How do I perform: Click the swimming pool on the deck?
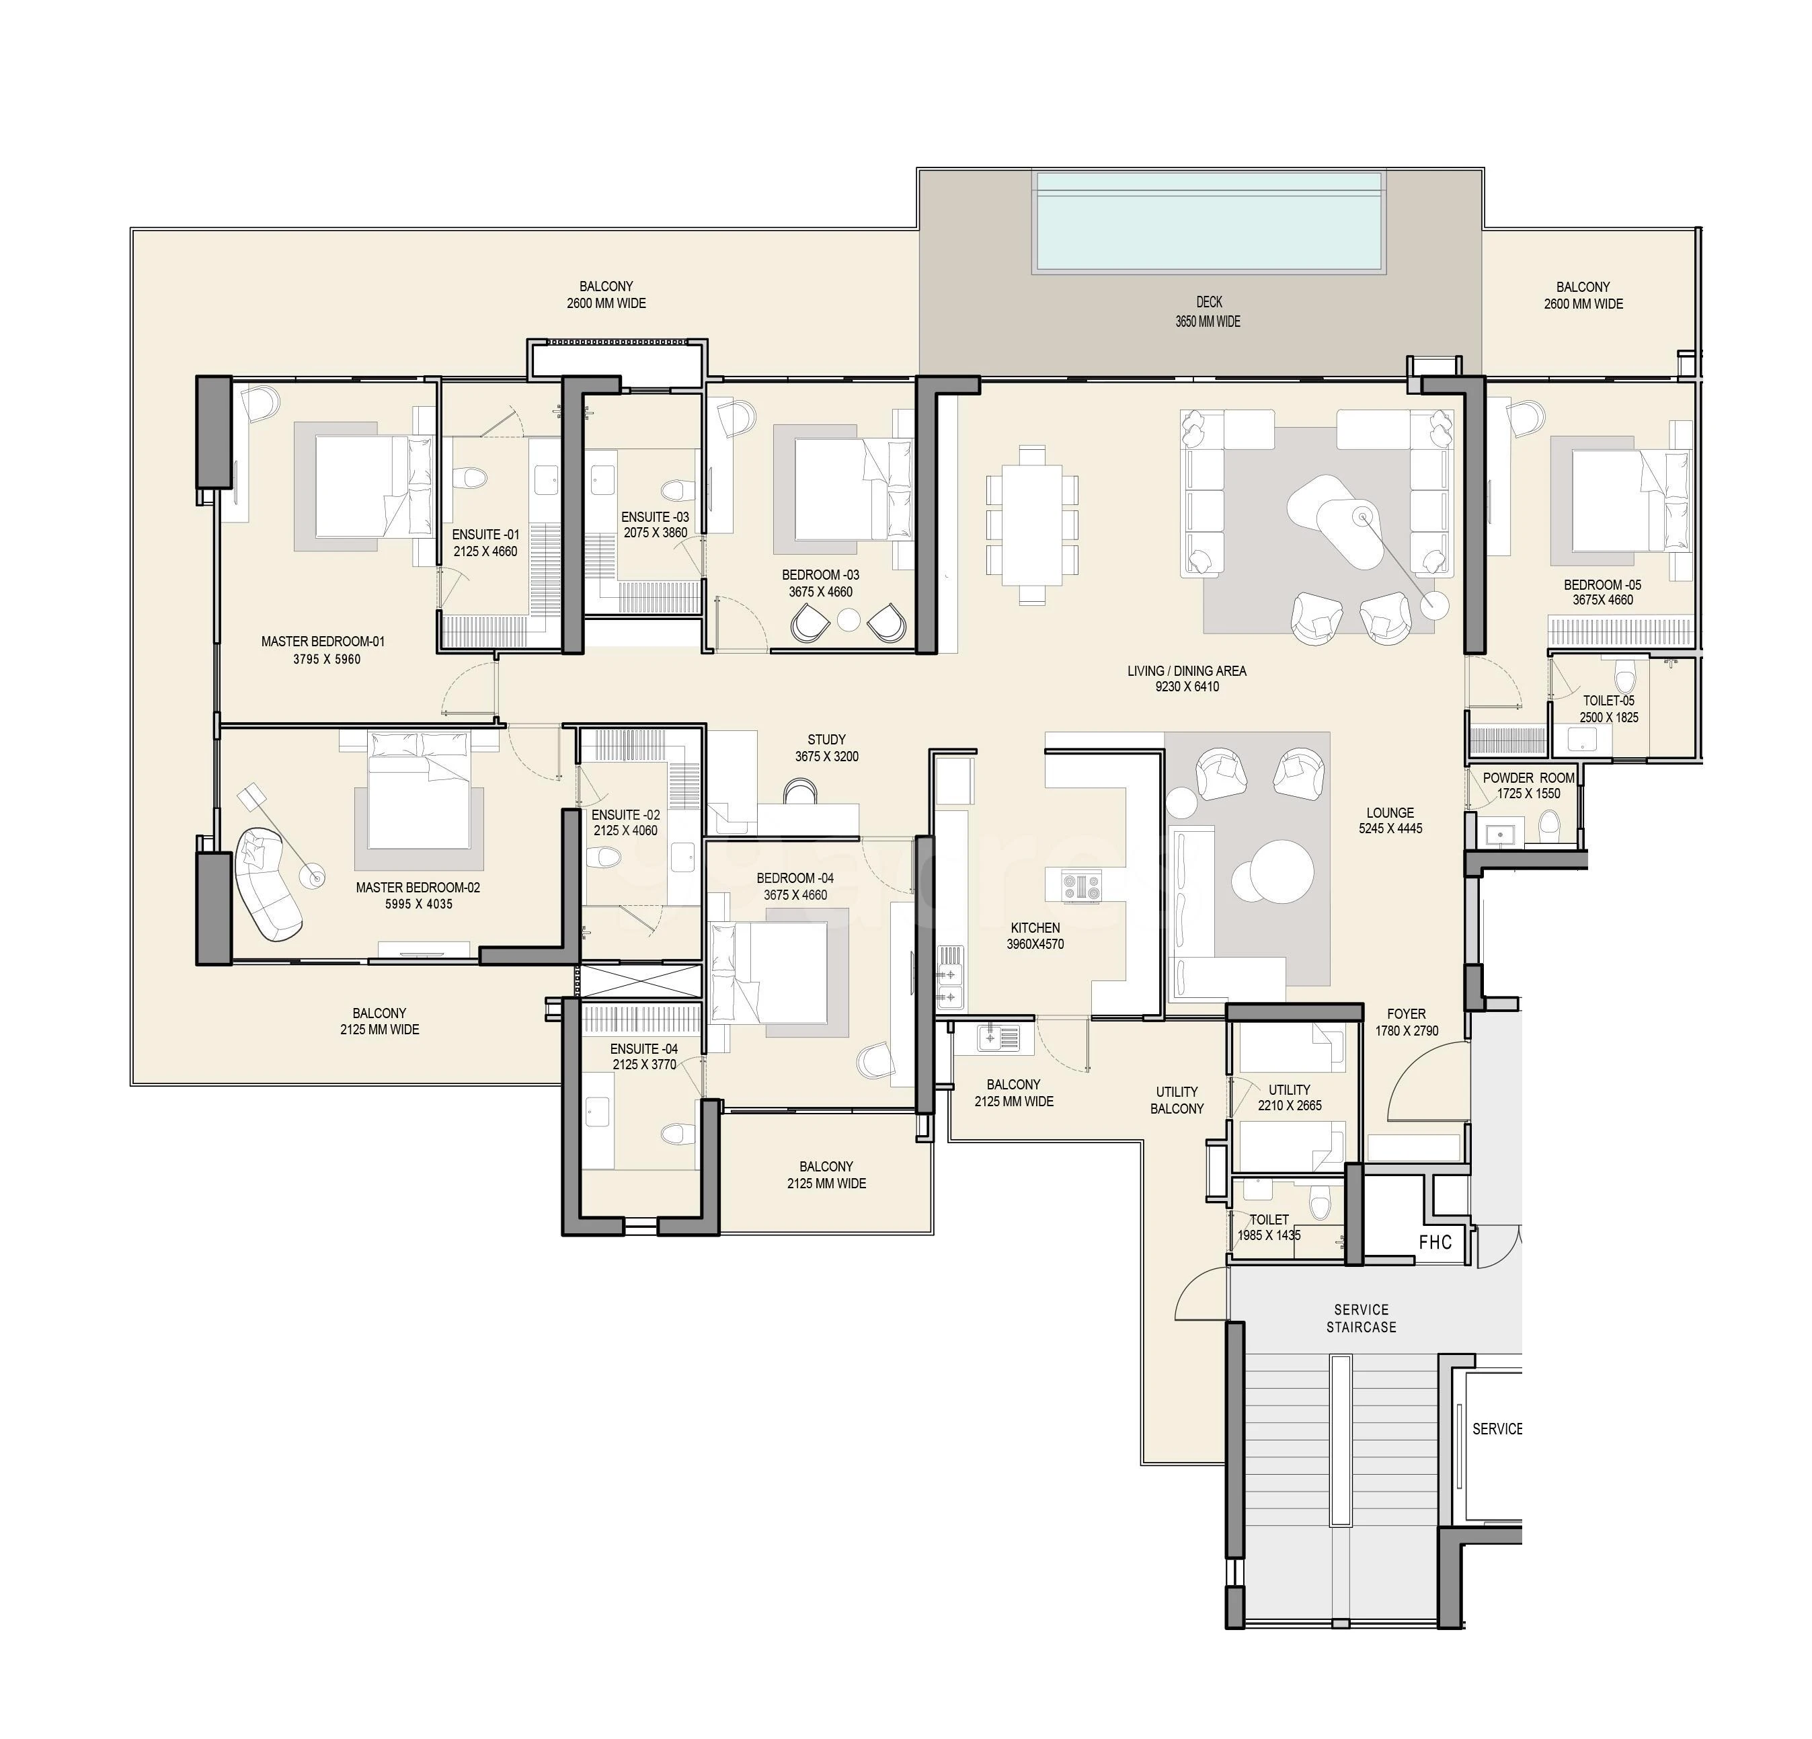coord(1209,222)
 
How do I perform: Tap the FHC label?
coord(1435,1243)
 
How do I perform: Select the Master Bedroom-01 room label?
coord(323,642)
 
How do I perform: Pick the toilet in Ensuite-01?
coord(474,478)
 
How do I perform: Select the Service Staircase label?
coord(1361,1318)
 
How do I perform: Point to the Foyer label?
coord(1406,1014)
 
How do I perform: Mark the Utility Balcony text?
coord(1177,1100)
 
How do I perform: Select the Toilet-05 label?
coord(1608,701)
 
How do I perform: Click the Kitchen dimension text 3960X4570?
coord(1035,944)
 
